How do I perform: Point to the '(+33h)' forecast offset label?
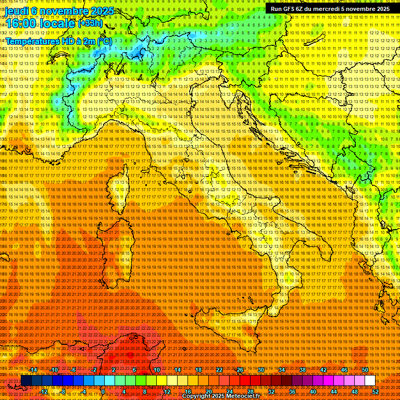pos(90,23)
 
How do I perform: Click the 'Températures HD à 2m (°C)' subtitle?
pos(58,41)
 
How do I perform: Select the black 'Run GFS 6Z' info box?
pos(330,9)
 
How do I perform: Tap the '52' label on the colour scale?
pos(375,392)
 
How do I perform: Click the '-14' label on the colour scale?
pos(33,369)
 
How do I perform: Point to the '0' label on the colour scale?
pos(103,392)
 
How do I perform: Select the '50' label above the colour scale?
pos(365,369)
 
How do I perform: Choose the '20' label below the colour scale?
pos(208,392)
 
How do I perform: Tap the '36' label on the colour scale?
pos(292,392)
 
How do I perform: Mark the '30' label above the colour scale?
pos(260,369)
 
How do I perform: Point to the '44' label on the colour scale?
pos(333,392)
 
